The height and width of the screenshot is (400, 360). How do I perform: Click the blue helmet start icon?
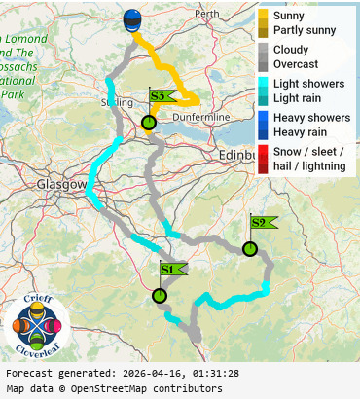click(132, 21)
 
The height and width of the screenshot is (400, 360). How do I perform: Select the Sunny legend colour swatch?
click(264, 16)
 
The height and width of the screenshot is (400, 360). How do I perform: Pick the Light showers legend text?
click(308, 84)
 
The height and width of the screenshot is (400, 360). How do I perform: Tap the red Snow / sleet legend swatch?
click(264, 152)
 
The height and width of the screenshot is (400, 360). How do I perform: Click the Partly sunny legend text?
click(305, 30)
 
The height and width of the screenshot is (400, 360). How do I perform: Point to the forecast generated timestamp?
click(122, 374)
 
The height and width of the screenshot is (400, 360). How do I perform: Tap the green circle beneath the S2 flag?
click(250, 249)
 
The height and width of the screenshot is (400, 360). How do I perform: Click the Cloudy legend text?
click(292, 50)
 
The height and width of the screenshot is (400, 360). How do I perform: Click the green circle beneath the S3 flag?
click(149, 123)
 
